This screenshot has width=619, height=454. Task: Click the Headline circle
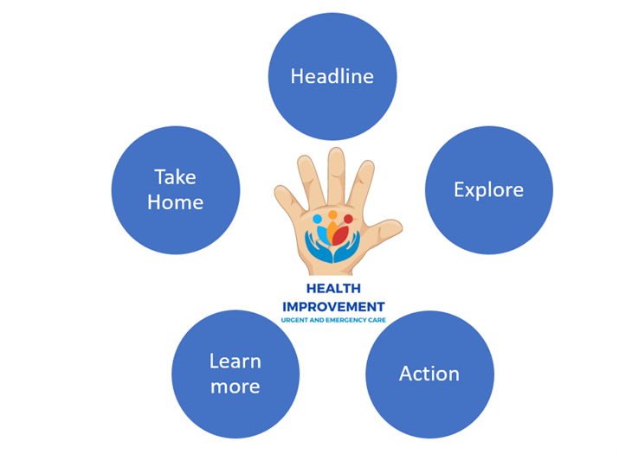[x=332, y=76]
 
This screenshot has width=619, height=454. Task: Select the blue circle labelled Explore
[x=489, y=189]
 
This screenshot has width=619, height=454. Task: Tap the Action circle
[x=429, y=374]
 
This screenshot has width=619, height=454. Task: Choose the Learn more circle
[x=235, y=374]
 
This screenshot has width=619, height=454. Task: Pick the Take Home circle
[x=176, y=189]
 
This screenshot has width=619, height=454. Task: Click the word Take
[x=176, y=177]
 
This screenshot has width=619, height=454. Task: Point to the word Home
[x=176, y=202]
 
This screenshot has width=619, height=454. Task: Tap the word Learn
[x=235, y=361]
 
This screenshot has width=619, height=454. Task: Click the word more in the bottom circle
[x=235, y=387]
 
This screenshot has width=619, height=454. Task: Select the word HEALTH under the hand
[x=333, y=289]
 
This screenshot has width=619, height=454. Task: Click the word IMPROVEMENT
[x=333, y=307]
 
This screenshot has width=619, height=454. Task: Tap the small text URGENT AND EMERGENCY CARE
[x=333, y=321]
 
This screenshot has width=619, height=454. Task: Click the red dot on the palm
[x=348, y=219]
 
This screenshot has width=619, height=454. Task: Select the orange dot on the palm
[x=332, y=214]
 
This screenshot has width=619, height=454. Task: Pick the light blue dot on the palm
[x=317, y=220]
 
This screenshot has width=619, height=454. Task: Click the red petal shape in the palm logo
[x=341, y=234]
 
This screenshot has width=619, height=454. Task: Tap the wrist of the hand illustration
[x=333, y=270]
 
